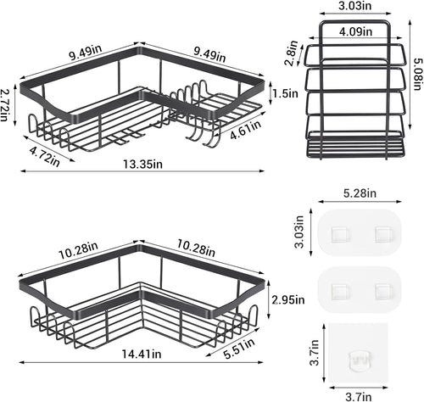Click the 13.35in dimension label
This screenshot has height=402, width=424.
142,164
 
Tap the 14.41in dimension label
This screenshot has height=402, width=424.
142,354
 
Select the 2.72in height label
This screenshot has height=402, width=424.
4,104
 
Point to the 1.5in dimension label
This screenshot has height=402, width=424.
285,92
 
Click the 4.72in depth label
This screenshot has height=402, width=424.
45,156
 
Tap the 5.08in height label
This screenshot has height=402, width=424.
417,74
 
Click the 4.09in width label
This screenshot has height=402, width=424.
355,31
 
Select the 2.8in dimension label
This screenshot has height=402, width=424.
293,53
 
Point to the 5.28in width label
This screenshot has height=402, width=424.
360,193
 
